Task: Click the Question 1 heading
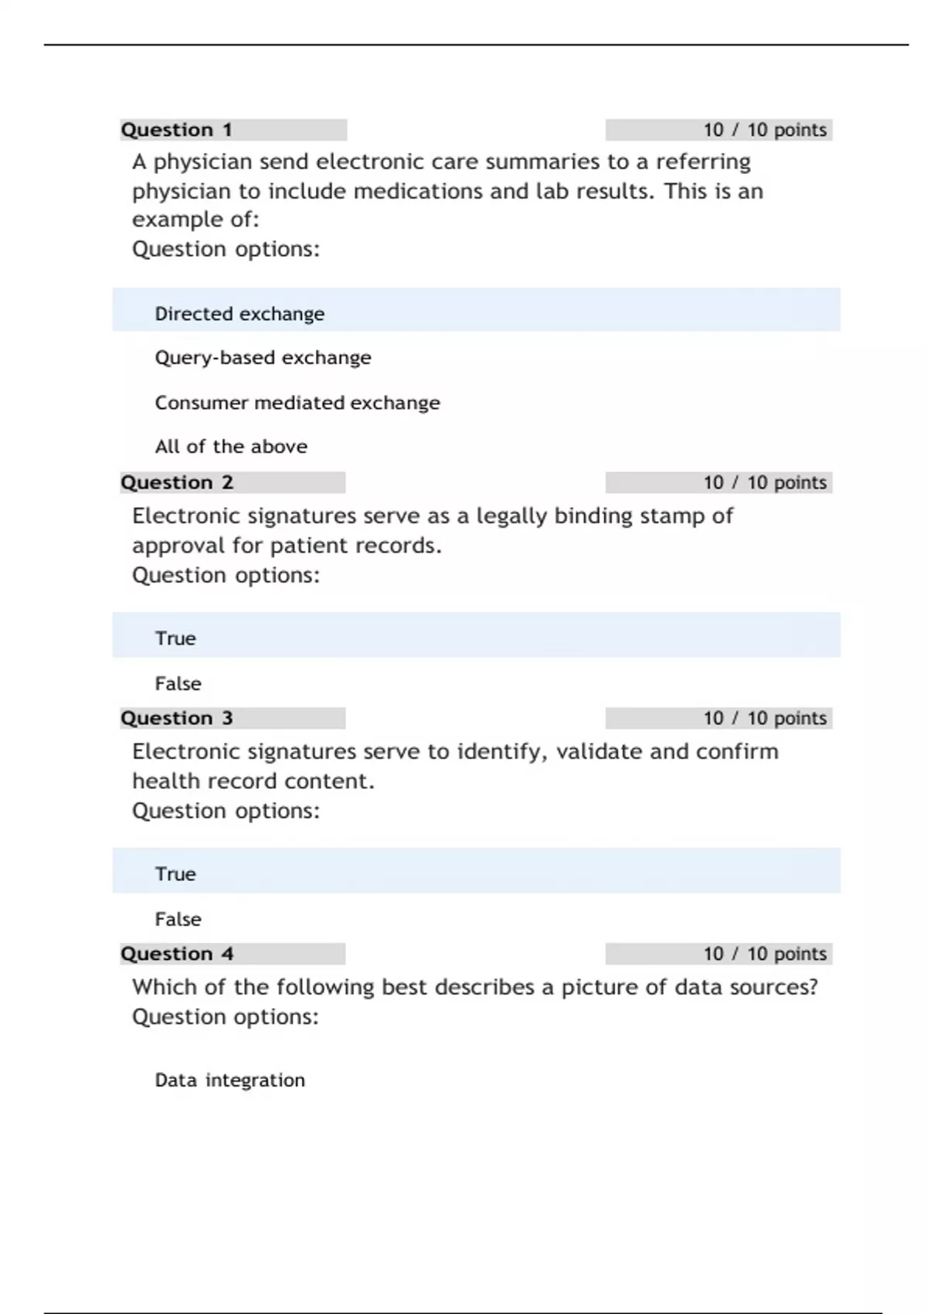(177, 130)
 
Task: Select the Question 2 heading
(177, 482)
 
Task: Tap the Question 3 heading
(177, 718)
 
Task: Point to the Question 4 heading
(177, 954)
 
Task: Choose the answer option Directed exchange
(239, 314)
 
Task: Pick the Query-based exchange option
(263, 358)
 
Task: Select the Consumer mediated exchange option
(297, 403)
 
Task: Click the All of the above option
(231, 447)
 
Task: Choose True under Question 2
(175, 638)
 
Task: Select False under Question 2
(178, 683)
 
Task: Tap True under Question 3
(175, 874)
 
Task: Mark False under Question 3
(178, 919)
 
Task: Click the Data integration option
(229, 1080)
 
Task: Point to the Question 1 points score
(765, 130)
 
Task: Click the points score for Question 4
(765, 954)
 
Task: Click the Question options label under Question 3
(226, 811)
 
